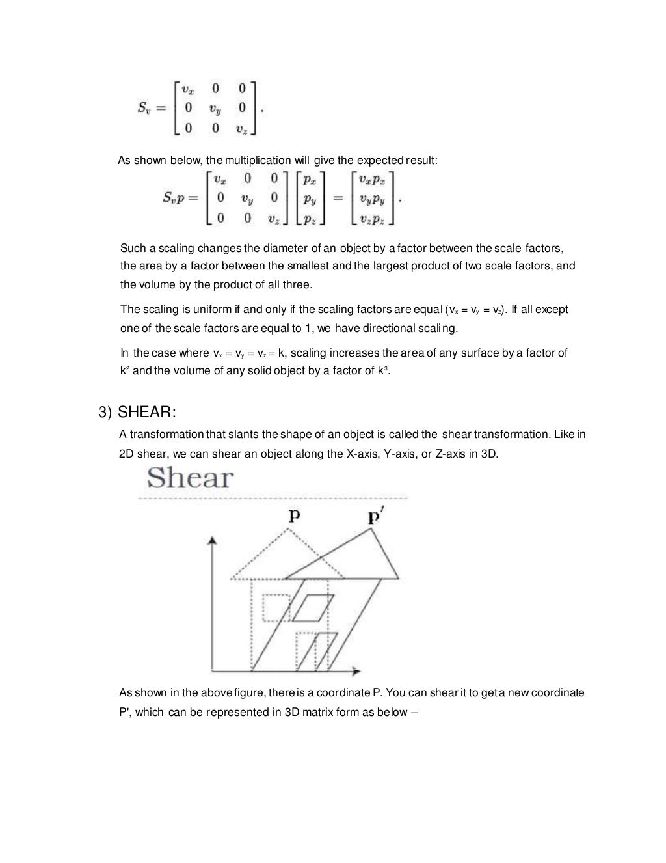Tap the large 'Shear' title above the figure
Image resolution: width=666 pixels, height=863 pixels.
click(190, 478)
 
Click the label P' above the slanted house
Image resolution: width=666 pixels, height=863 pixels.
click(374, 517)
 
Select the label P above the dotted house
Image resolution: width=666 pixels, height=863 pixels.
click(295, 516)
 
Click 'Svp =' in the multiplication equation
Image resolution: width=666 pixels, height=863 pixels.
click(179, 198)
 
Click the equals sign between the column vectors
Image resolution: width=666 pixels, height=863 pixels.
click(338, 198)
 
